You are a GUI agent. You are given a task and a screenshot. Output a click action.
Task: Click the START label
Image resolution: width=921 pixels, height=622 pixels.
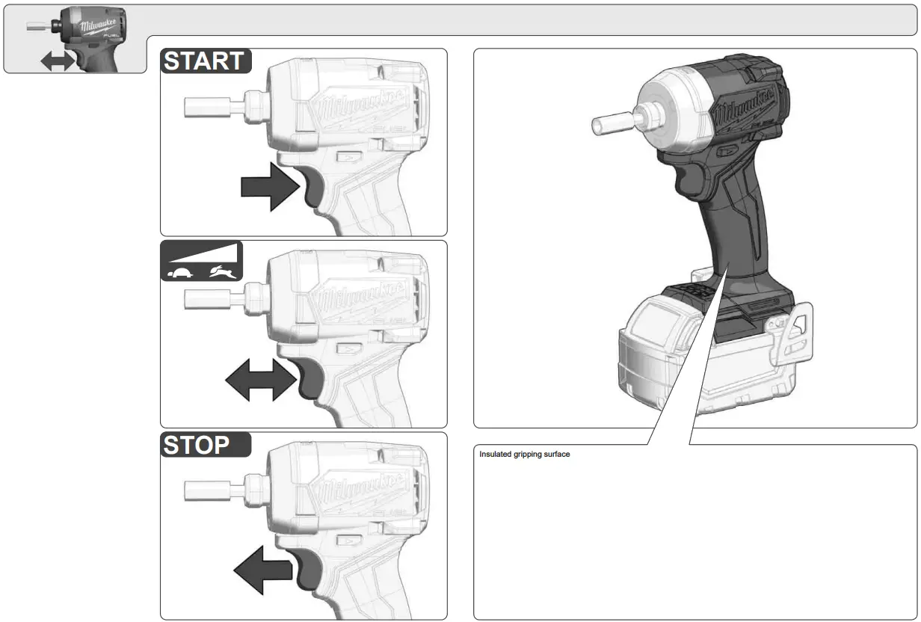click(204, 61)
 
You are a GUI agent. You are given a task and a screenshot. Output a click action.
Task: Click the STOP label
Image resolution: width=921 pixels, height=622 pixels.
click(197, 445)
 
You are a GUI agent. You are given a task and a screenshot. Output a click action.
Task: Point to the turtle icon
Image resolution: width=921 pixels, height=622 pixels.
click(180, 272)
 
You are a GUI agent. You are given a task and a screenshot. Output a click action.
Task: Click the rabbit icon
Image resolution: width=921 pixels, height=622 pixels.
click(224, 271)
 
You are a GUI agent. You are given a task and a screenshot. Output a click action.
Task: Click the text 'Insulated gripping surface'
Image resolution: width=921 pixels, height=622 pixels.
click(524, 455)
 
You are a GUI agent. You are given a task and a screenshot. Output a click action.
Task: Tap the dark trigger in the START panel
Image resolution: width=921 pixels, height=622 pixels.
click(312, 186)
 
